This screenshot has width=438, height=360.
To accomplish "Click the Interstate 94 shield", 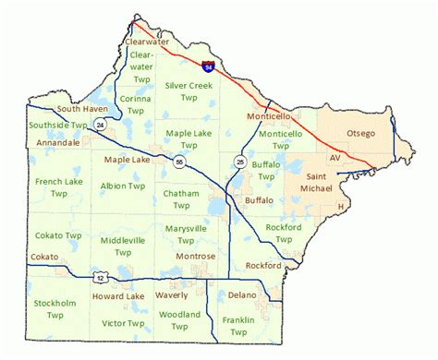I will point(208,66).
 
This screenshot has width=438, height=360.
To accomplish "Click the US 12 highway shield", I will point(97,276).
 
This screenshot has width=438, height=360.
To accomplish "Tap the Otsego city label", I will point(360,134).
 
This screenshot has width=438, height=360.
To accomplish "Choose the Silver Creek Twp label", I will point(188,90).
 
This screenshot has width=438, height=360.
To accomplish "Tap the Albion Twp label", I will point(123,186).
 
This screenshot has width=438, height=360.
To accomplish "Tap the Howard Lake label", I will point(118,296).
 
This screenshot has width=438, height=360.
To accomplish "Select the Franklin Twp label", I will point(238,325).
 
